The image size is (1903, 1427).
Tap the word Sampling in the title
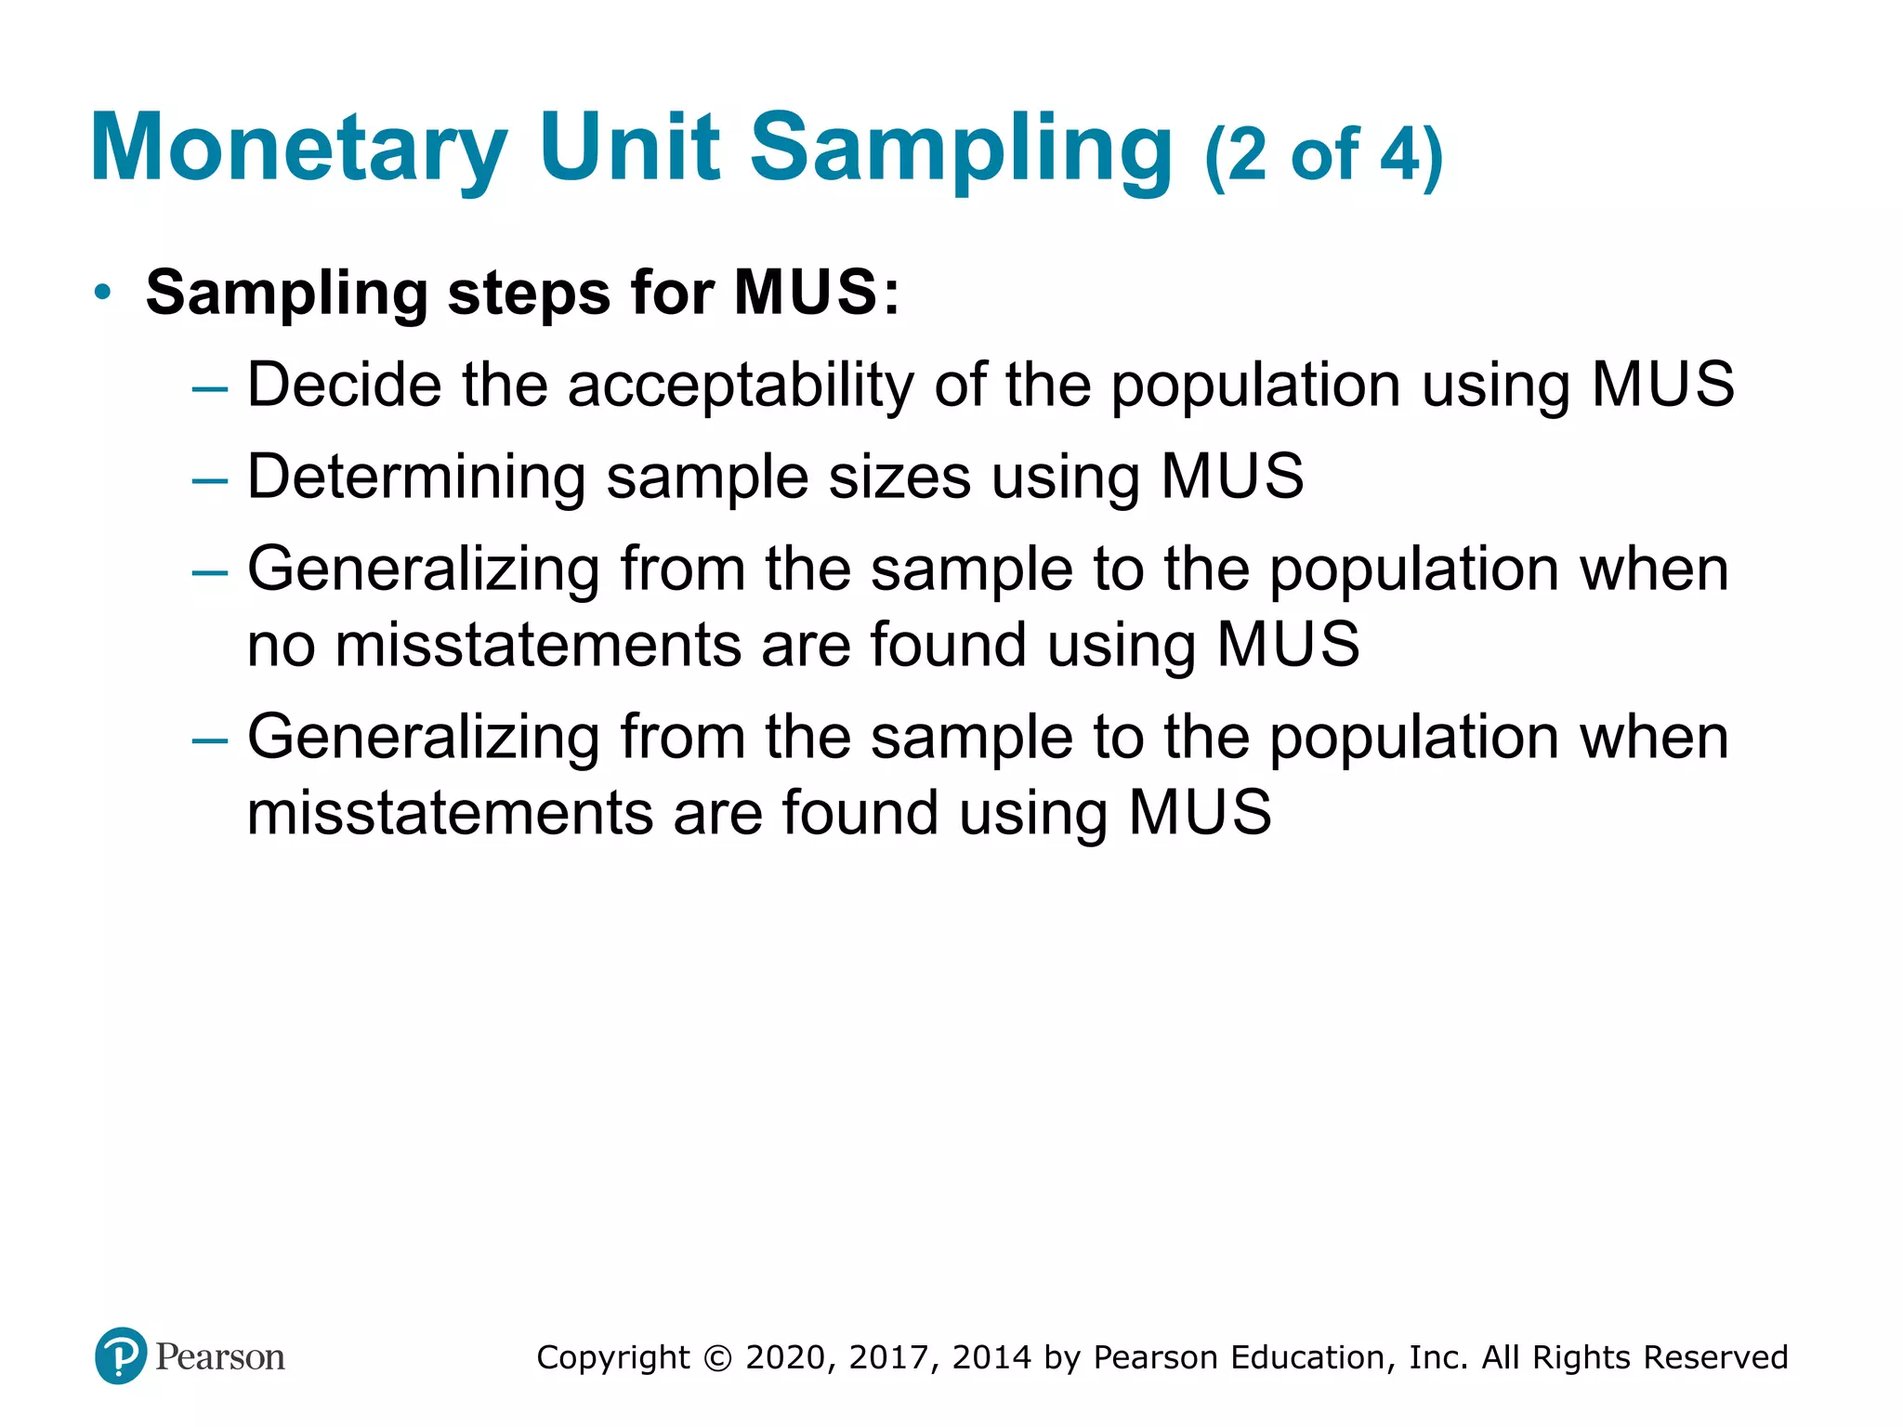pyautogui.click(x=962, y=149)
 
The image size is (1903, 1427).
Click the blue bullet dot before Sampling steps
pyautogui.click(x=103, y=293)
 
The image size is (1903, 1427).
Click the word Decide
pyautogui.click(x=344, y=385)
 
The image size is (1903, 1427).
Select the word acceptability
pyautogui.click(x=741, y=386)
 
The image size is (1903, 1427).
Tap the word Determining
pyautogui.click(x=416, y=478)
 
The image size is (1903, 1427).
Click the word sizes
pyautogui.click(x=899, y=478)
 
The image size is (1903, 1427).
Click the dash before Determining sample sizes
pyautogui.click(x=209, y=480)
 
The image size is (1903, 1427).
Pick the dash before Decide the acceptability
pyautogui.click(x=209, y=388)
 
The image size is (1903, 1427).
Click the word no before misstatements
pyautogui.click(x=281, y=646)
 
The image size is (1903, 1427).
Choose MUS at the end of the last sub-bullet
pyautogui.click(x=1200, y=813)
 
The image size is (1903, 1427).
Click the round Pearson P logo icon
pyautogui.click(x=121, y=1356)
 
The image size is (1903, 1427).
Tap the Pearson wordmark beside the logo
pyautogui.click(x=220, y=1357)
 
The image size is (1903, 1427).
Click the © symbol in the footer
pyautogui.click(x=717, y=1358)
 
